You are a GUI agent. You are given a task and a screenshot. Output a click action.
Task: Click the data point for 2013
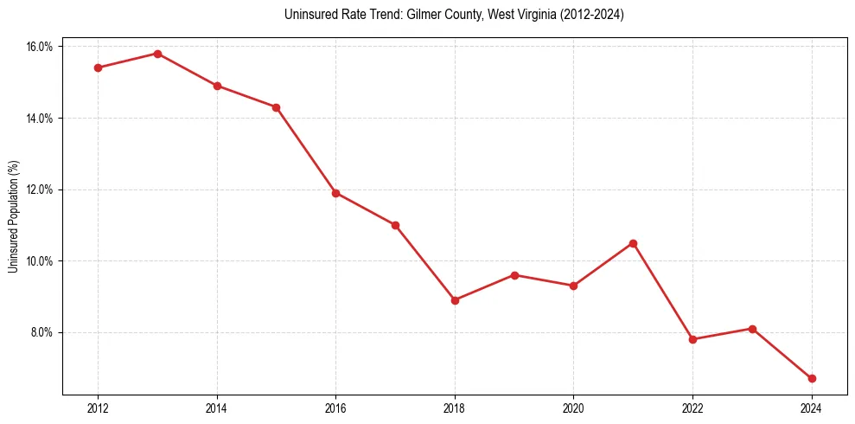click(x=157, y=54)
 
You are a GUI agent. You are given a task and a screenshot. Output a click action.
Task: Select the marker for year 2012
click(x=98, y=67)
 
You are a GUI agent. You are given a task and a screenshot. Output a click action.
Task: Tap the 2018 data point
click(x=455, y=300)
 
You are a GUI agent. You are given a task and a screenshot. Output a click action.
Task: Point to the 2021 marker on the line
click(x=633, y=243)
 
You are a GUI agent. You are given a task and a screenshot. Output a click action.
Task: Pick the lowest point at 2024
click(x=812, y=378)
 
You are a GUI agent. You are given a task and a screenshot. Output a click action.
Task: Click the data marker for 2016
click(x=335, y=193)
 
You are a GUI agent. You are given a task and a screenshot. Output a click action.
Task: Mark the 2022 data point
click(x=692, y=339)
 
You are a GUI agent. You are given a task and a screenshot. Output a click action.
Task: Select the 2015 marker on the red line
click(x=276, y=107)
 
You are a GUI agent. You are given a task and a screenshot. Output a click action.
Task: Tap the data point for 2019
click(x=514, y=275)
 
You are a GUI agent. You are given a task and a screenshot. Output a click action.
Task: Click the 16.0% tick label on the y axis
click(x=40, y=47)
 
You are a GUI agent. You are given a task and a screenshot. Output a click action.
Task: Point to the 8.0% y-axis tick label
click(x=41, y=332)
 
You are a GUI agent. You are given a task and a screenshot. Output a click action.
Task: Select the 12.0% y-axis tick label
click(x=40, y=190)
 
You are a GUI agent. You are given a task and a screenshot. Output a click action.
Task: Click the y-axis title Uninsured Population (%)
click(x=14, y=216)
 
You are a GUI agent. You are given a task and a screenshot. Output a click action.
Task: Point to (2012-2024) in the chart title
click(x=593, y=16)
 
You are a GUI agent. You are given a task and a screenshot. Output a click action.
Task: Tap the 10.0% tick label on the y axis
click(x=40, y=261)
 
